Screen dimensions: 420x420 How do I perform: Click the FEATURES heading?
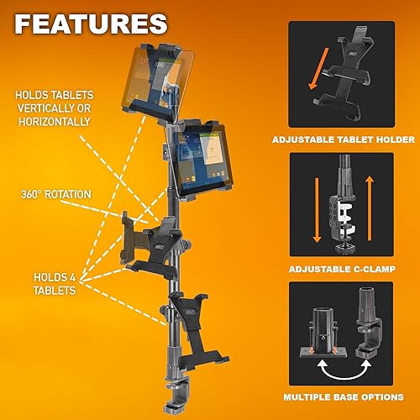[x=90, y=23]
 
